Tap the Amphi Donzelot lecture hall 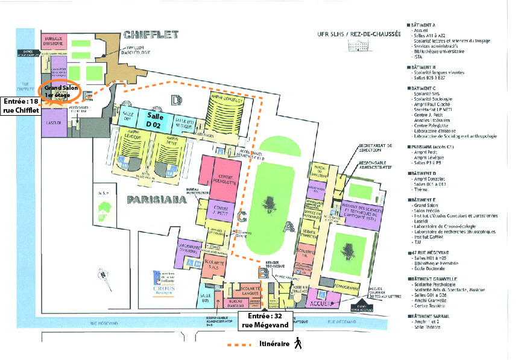(x=227, y=110)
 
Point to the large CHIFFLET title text (x=151, y=36)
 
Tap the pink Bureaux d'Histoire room (x=52, y=39)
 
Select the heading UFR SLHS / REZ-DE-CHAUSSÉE (x=358, y=36)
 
